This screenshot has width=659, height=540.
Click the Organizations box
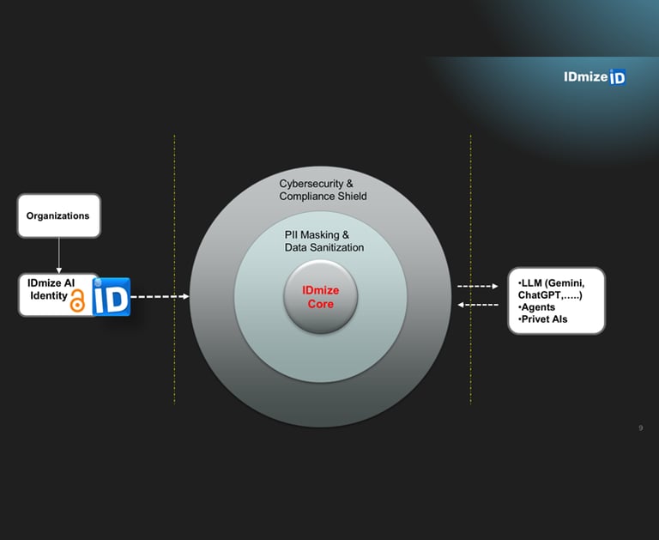[59, 215]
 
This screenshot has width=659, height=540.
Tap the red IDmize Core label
[321, 297]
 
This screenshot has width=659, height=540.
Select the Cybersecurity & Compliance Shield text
[323, 190]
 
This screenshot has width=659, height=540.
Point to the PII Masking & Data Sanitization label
[324, 241]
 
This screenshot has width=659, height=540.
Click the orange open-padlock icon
[77, 300]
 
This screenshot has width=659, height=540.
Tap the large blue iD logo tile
[112, 296]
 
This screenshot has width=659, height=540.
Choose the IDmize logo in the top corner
[595, 77]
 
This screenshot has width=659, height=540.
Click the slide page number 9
[640, 428]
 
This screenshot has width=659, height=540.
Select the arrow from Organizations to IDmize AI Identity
[59, 255]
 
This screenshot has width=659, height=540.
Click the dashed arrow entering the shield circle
[160, 296]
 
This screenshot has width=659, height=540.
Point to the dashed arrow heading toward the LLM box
[478, 286]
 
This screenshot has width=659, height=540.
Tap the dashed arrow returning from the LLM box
[478, 305]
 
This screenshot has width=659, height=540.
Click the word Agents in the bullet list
[538, 307]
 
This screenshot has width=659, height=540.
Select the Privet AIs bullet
[544, 319]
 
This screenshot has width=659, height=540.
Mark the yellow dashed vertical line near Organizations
[174, 270]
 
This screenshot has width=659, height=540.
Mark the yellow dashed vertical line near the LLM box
[470, 270]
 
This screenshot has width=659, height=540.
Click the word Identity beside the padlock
[49, 295]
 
